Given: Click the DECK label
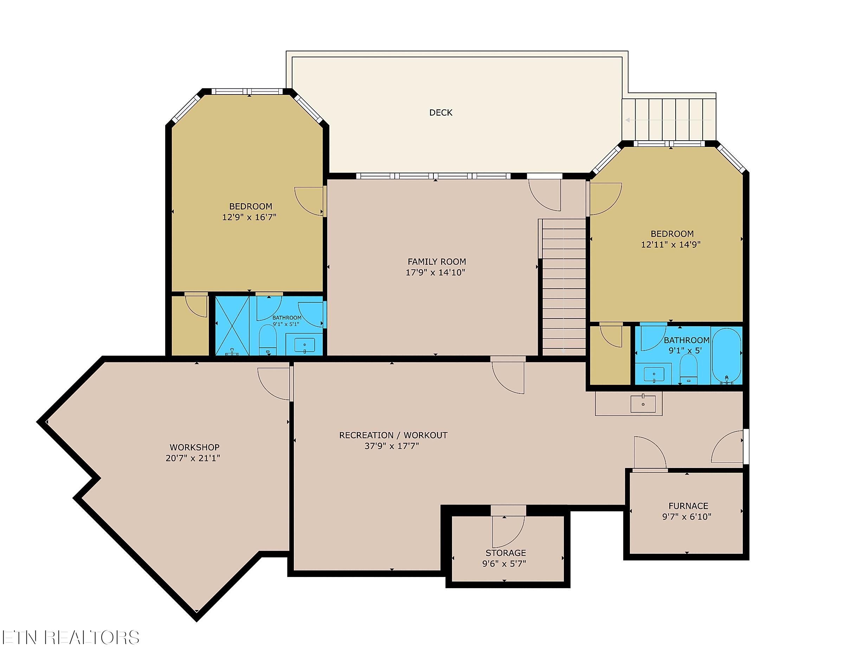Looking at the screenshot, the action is click(441, 113).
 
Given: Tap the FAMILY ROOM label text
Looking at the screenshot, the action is click(437, 261).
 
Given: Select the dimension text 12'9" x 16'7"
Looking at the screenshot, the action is click(249, 217).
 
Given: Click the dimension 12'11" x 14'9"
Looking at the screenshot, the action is click(671, 244).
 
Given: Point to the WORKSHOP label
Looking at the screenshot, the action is click(194, 447).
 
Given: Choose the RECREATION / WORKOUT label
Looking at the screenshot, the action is click(393, 435).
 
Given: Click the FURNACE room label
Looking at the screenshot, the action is click(688, 506).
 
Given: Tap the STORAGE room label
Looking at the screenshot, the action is click(505, 553).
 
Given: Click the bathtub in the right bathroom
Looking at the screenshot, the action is click(727, 356).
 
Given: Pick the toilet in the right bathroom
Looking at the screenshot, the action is click(688, 369).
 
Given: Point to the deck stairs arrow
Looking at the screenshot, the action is click(668, 120).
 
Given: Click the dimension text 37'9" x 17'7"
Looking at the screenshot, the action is click(392, 446).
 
